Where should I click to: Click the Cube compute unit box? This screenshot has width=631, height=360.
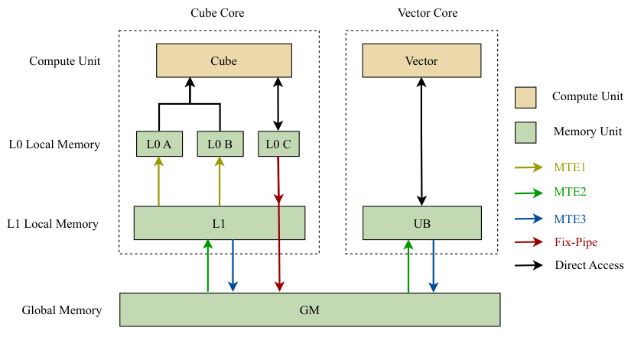[x=223, y=60]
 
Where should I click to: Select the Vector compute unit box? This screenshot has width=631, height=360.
[x=421, y=60]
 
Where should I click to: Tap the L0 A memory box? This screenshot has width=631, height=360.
[x=158, y=144]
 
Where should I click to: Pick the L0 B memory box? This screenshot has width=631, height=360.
[x=220, y=144]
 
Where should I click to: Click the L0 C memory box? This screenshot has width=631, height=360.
[x=278, y=144]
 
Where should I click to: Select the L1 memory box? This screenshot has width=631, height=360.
[x=219, y=223]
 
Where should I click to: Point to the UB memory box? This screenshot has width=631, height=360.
[x=421, y=223]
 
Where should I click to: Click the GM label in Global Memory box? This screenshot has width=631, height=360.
[x=309, y=311]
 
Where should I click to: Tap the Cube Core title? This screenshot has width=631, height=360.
[x=218, y=13]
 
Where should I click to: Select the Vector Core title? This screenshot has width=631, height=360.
[x=421, y=13]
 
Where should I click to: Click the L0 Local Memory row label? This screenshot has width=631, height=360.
[x=54, y=144]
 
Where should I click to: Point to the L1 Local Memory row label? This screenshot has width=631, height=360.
[x=53, y=224]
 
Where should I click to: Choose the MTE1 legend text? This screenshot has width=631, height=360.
[x=570, y=167]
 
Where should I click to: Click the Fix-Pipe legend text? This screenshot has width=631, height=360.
[x=575, y=242]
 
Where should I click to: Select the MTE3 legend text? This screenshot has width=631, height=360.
[x=570, y=219]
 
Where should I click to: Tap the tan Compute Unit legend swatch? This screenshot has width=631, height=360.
[x=526, y=98]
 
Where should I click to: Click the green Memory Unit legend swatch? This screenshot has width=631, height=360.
[x=526, y=131]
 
